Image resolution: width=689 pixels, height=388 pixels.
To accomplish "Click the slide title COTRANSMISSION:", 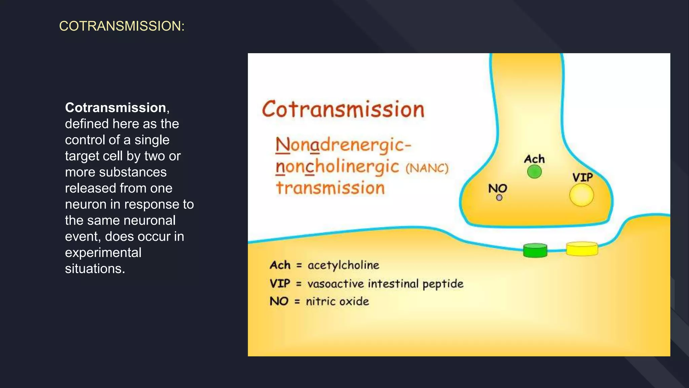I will pyautogui.click(x=122, y=26).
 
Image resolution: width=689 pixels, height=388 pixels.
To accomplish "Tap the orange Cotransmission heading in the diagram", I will pyautogui.click(x=343, y=109).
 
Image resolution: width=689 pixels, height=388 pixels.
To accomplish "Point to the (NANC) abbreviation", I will pyautogui.click(x=427, y=168).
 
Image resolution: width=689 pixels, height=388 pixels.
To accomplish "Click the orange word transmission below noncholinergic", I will pyautogui.click(x=330, y=188).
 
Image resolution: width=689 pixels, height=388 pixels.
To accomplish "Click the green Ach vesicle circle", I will pyautogui.click(x=534, y=172).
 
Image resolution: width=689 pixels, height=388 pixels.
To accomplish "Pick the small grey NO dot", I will pyautogui.click(x=499, y=198).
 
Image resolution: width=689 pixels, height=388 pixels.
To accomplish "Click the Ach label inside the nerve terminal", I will pyautogui.click(x=534, y=159).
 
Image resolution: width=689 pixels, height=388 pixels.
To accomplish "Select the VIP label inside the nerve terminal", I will pyautogui.click(x=582, y=177).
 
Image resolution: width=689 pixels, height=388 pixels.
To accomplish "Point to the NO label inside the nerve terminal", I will pyautogui.click(x=498, y=188).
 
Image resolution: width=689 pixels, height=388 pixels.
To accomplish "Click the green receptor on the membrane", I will pyautogui.click(x=535, y=251).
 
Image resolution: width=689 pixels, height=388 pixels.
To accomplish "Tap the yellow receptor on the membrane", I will pyautogui.click(x=582, y=249).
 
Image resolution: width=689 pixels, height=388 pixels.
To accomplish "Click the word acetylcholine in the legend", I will pyautogui.click(x=343, y=265).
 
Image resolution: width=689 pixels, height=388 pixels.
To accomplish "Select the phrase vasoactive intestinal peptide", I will pyautogui.click(x=385, y=284).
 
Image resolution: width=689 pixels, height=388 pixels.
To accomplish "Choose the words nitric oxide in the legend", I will pyautogui.click(x=337, y=301).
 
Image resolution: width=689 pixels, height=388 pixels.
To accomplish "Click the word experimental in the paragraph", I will pyautogui.click(x=103, y=253).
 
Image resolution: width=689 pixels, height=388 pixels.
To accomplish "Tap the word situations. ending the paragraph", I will pyautogui.click(x=95, y=269).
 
